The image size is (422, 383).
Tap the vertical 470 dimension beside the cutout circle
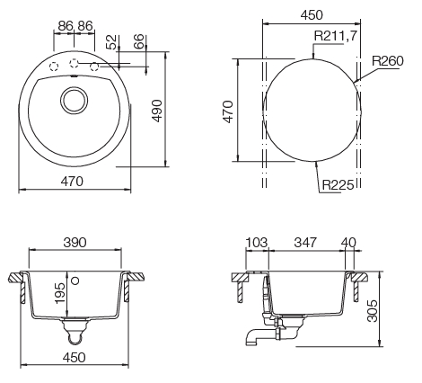(x=228, y=112)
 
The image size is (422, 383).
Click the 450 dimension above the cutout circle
(x=312, y=14)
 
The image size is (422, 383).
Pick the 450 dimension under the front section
(x=75, y=357)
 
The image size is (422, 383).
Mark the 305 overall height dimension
(x=385, y=312)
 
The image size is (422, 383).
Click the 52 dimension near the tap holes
(x=111, y=42)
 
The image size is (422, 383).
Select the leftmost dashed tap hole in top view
(x=54, y=66)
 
